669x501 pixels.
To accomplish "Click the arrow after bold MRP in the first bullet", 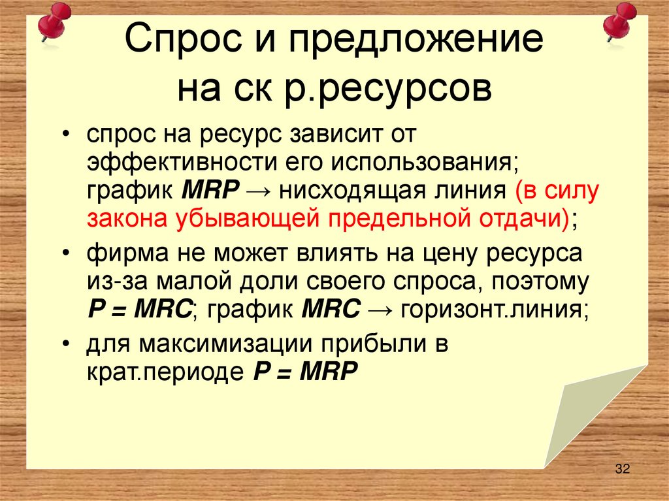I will click(261, 191).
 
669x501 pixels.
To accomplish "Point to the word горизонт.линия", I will click(494, 308).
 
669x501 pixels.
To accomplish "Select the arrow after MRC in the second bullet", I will click(380, 308).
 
